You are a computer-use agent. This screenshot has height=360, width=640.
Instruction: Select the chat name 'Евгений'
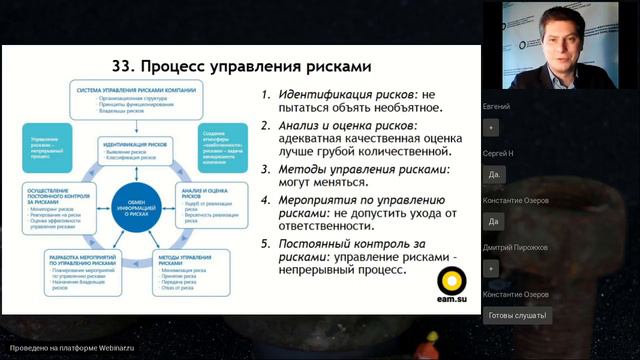point(497,106)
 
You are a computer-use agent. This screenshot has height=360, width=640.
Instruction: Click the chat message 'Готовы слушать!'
point(517,315)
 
